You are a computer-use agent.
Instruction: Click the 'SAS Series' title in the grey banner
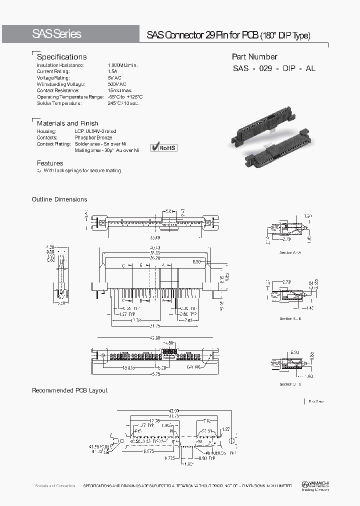(56, 34)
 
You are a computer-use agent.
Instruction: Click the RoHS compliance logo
(164, 147)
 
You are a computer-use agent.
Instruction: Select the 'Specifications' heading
(61, 57)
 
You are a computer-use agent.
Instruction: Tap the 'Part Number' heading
(254, 57)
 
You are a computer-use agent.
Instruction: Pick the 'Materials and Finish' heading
(67, 123)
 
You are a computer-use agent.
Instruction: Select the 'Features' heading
(50, 163)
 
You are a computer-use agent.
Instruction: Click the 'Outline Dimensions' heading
(59, 199)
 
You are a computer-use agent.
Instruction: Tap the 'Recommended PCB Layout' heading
(69, 390)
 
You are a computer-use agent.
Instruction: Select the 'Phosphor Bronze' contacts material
(93, 137)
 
